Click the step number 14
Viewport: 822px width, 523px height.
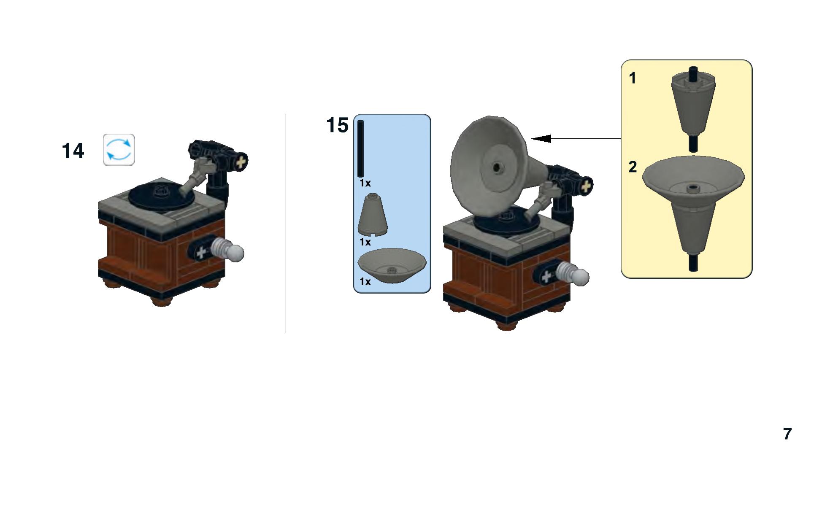click(x=73, y=151)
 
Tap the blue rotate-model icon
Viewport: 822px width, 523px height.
click(x=119, y=150)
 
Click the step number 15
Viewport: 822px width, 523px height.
click(x=338, y=125)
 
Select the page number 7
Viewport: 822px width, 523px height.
click(x=787, y=434)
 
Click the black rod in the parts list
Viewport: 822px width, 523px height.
click(x=360, y=149)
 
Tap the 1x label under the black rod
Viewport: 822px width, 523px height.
click(x=365, y=183)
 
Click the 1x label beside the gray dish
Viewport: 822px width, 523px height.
click(x=365, y=281)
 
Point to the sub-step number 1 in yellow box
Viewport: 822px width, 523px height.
click(x=632, y=78)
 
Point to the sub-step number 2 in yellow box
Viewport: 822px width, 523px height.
click(x=632, y=167)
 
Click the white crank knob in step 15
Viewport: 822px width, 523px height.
click(x=575, y=274)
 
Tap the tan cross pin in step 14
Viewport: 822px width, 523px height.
click(x=241, y=162)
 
